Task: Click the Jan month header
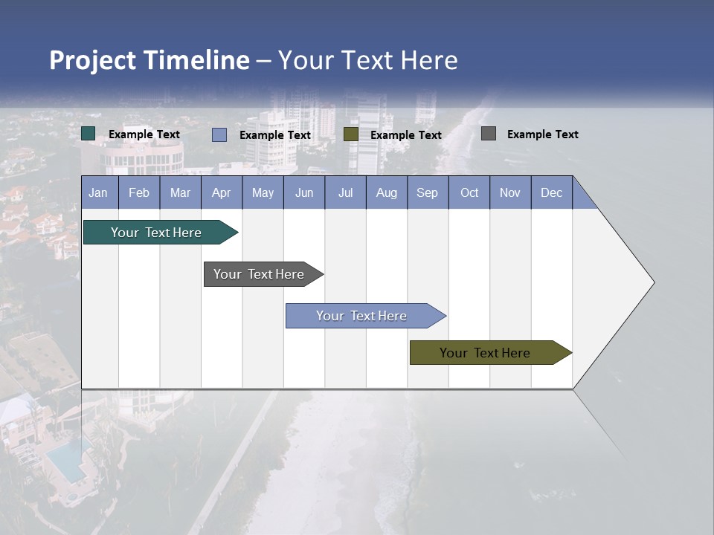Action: click(x=99, y=192)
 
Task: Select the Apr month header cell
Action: click(x=222, y=192)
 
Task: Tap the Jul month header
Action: click(x=345, y=192)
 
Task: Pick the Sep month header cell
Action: click(x=428, y=192)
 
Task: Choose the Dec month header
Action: click(x=551, y=192)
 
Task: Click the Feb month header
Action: click(x=139, y=192)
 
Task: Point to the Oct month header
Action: click(x=469, y=192)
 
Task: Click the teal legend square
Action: click(x=88, y=134)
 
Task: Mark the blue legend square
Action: click(x=219, y=134)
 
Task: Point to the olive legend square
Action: click(x=351, y=134)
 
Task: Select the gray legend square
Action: click(x=489, y=134)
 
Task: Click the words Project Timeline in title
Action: click(x=149, y=60)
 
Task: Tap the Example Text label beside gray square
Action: click(x=543, y=134)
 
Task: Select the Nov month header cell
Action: click(x=510, y=192)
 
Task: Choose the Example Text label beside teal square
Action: click(x=144, y=134)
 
